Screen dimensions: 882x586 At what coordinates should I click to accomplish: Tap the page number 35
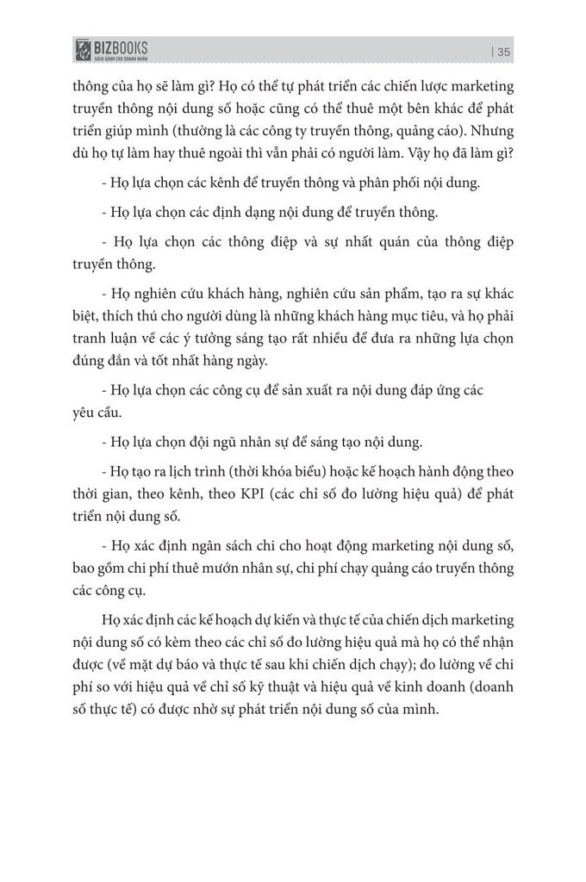pos(505,52)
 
